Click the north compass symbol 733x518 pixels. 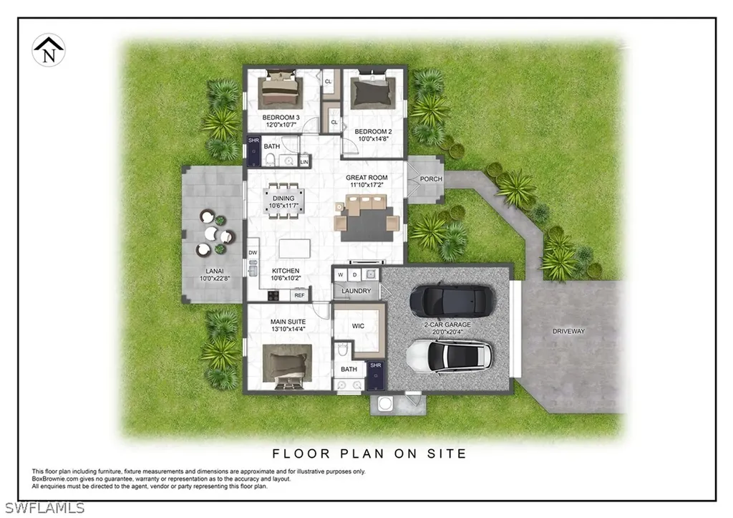[49, 50]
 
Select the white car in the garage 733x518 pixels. [449, 355]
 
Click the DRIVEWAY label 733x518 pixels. [568, 332]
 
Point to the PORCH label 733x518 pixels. [431, 179]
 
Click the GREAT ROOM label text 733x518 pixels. [366, 178]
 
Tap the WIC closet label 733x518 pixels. [359, 327]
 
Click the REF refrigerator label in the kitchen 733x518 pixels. [299, 295]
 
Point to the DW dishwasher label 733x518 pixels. [253, 254]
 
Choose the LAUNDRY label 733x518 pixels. [356, 291]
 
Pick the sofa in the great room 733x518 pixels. [367, 207]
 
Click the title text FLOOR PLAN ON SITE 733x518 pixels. [369, 454]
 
